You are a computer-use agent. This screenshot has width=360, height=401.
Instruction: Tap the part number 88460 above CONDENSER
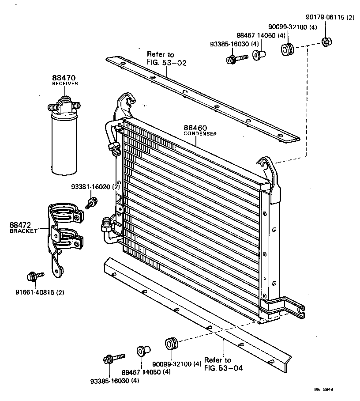[195, 129]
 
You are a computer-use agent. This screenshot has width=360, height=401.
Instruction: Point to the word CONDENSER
[200, 134]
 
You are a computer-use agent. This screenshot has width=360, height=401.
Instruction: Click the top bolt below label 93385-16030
[236, 58]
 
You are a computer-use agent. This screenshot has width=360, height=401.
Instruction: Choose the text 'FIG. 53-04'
[223, 367]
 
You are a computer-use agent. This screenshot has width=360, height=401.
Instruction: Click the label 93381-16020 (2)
[95, 187]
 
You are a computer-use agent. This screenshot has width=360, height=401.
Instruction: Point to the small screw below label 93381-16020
[92, 203]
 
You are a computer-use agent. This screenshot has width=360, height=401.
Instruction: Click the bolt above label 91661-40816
[34, 276]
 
